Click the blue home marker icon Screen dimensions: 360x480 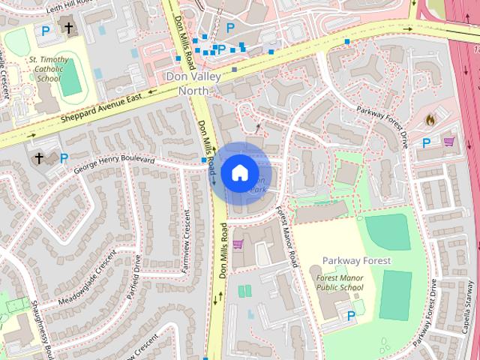click(x=238, y=173)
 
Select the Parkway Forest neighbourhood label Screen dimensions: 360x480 click(x=357, y=260)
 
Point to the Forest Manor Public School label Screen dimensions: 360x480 click(x=335, y=281)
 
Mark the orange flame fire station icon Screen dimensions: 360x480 click(x=430, y=119)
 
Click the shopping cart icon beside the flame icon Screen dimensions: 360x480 click(x=449, y=141)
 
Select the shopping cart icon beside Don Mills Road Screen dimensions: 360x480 click(x=238, y=244)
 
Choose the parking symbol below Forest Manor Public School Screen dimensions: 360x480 click(x=351, y=316)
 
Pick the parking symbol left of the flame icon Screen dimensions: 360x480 click(x=426, y=142)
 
